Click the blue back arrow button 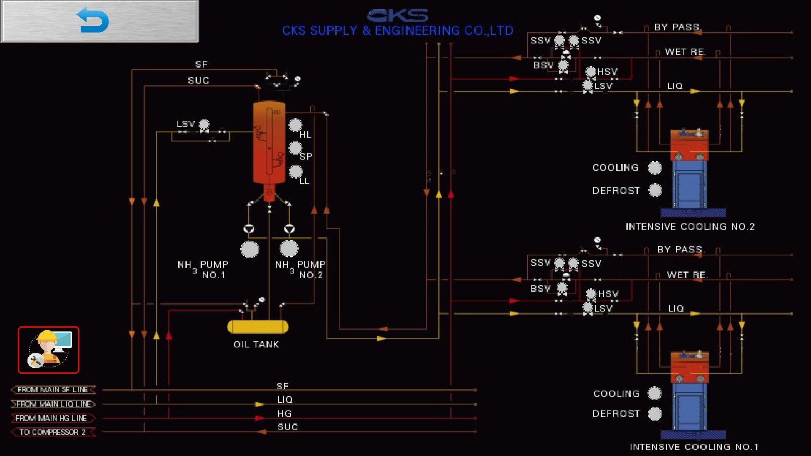click(100, 21)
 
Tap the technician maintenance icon click(49, 350)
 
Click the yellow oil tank click(258, 327)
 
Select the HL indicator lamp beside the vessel click(295, 125)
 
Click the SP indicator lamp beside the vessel click(295, 148)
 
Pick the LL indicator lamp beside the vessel click(296, 171)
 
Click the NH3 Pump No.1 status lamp click(250, 249)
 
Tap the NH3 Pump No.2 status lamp click(289, 249)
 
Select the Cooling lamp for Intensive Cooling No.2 click(655, 168)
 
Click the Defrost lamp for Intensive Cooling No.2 click(655, 190)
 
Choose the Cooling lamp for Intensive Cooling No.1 click(655, 393)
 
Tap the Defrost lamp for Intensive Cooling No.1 click(655, 414)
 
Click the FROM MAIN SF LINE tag click(53, 390)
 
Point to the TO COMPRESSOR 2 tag click(53, 432)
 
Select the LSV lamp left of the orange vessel click(204, 124)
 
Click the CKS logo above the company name click(397, 16)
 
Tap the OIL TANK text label click(256, 345)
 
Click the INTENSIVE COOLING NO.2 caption click(690, 227)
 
